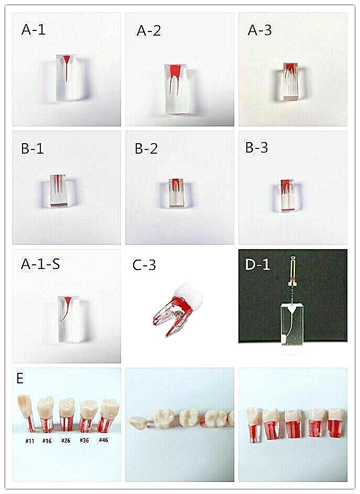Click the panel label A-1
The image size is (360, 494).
[x=34, y=30]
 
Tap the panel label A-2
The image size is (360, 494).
[x=149, y=31]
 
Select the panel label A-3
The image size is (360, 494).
[x=260, y=30]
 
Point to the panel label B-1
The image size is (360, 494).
[x=32, y=148]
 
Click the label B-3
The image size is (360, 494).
[x=257, y=148]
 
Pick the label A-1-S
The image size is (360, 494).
[x=40, y=264]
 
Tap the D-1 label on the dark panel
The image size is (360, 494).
[x=257, y=264]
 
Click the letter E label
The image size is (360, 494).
[x=20, y=379]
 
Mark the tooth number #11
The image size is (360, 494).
[x=30, y=441]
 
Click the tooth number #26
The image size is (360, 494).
[x=66, y=441]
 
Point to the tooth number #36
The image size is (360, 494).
[x=84, y=441]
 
